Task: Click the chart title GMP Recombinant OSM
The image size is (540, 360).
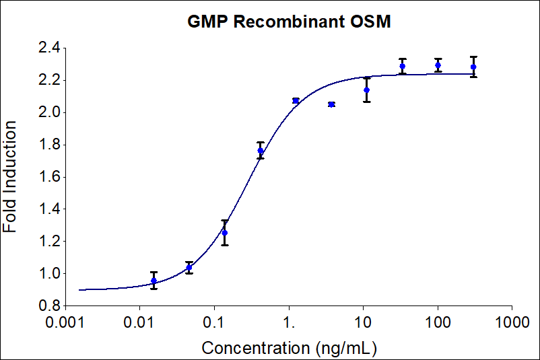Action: coord(290,22)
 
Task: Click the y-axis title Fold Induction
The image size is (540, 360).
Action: coord(11,177)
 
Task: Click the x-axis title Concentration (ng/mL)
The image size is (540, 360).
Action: coord(289,348)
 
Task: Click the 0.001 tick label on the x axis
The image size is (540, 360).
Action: coord(65,324)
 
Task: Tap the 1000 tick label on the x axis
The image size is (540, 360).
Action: coord(512,324)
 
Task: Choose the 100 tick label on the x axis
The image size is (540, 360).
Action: coord(438,324)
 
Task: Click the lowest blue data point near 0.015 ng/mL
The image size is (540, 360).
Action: coord(154,281)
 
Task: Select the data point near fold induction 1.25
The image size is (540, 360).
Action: coord(225,233)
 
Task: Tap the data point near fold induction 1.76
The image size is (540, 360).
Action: coord(261,151)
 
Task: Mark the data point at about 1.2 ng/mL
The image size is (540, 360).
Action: coord(296,101)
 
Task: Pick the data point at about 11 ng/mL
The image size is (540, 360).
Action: coord(367,89)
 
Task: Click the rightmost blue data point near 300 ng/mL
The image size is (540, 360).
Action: coord(473,67)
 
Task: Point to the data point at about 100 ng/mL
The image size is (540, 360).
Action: coord(438,65)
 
